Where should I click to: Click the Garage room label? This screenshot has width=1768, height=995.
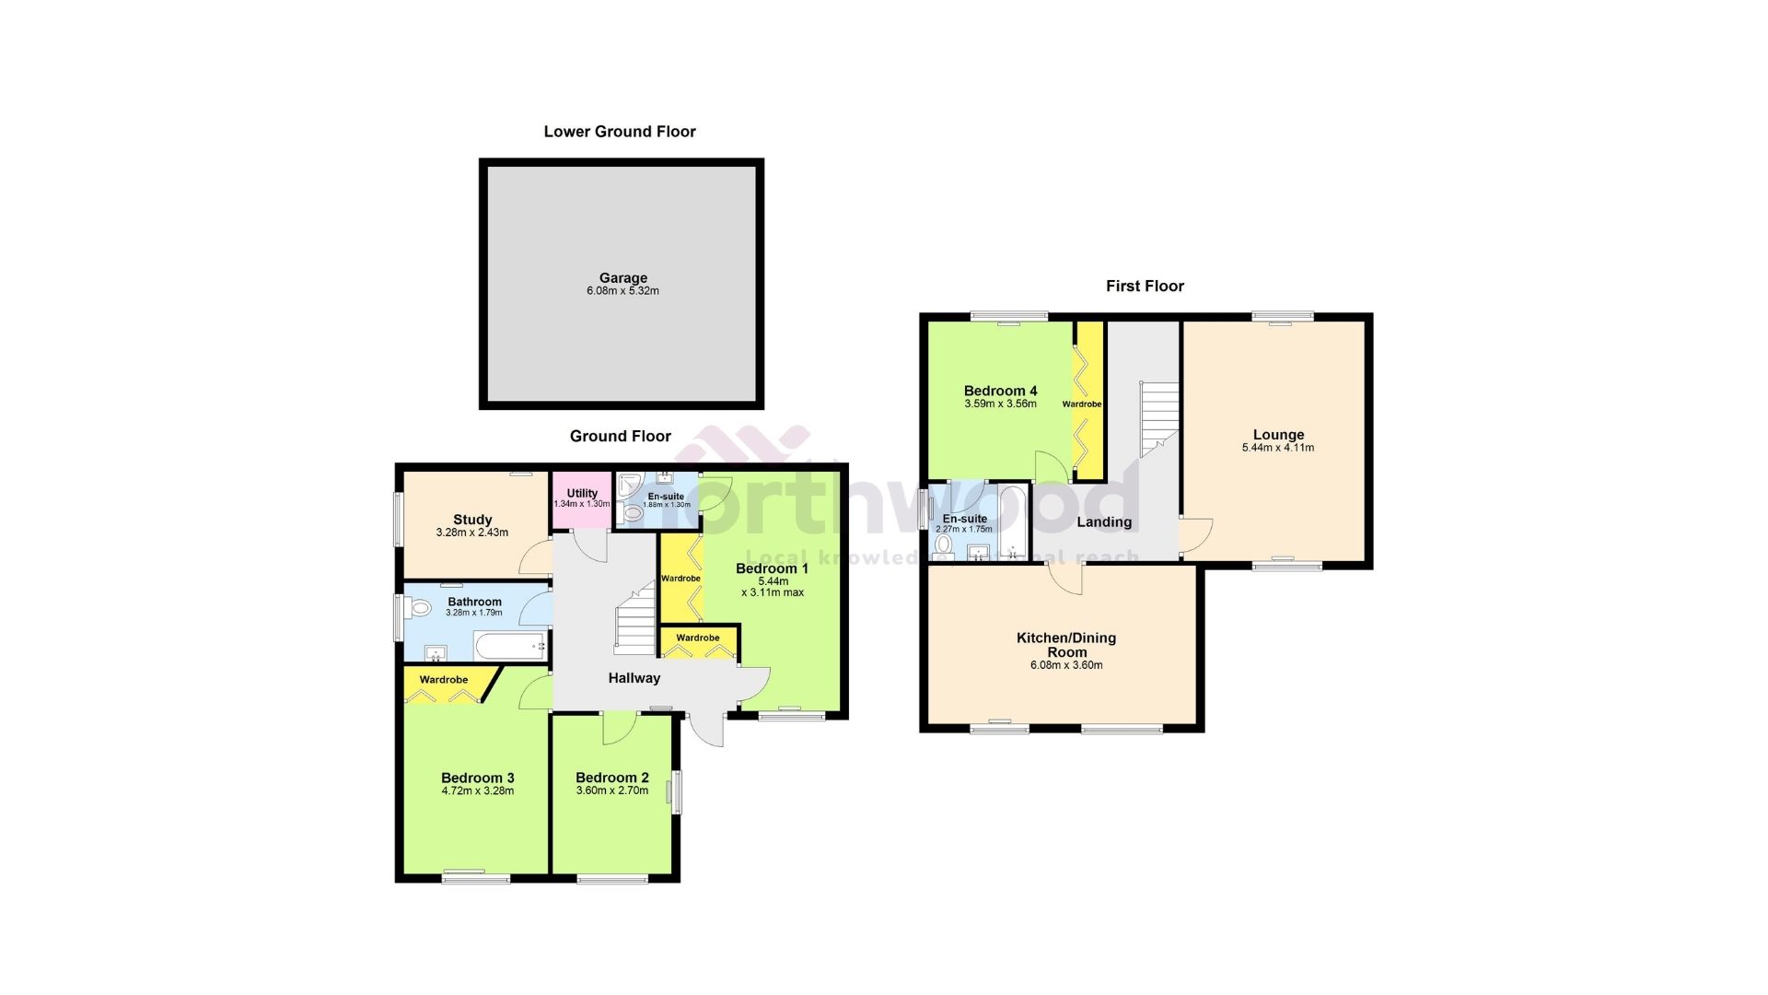pos(623,278)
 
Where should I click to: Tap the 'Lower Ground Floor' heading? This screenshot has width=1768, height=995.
pos(620,132)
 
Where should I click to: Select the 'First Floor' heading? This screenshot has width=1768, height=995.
pos(1145,287)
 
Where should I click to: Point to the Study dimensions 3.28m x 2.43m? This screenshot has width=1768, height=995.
pos(471,533)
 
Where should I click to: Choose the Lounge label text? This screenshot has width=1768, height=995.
pos(1278,435)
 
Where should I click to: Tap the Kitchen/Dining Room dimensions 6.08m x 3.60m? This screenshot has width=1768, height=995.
pos(1065,665)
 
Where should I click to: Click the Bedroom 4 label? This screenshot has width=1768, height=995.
pos(1000,391)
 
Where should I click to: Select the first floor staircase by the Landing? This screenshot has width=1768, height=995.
pos(1158,419)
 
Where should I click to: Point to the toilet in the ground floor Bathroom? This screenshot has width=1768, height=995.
pos(419,608)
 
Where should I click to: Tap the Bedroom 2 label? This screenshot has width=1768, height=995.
pos(612,778)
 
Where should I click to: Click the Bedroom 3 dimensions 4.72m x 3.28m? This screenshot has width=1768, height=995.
pos(477,790)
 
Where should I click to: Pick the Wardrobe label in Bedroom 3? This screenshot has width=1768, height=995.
pos(444,680)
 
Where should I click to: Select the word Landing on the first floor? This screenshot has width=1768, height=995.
pos(1104,522)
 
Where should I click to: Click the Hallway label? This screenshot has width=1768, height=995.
pos(634,678)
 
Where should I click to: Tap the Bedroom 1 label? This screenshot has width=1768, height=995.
pos(772,568)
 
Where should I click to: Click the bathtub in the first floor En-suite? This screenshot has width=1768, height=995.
pos(1013,522)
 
